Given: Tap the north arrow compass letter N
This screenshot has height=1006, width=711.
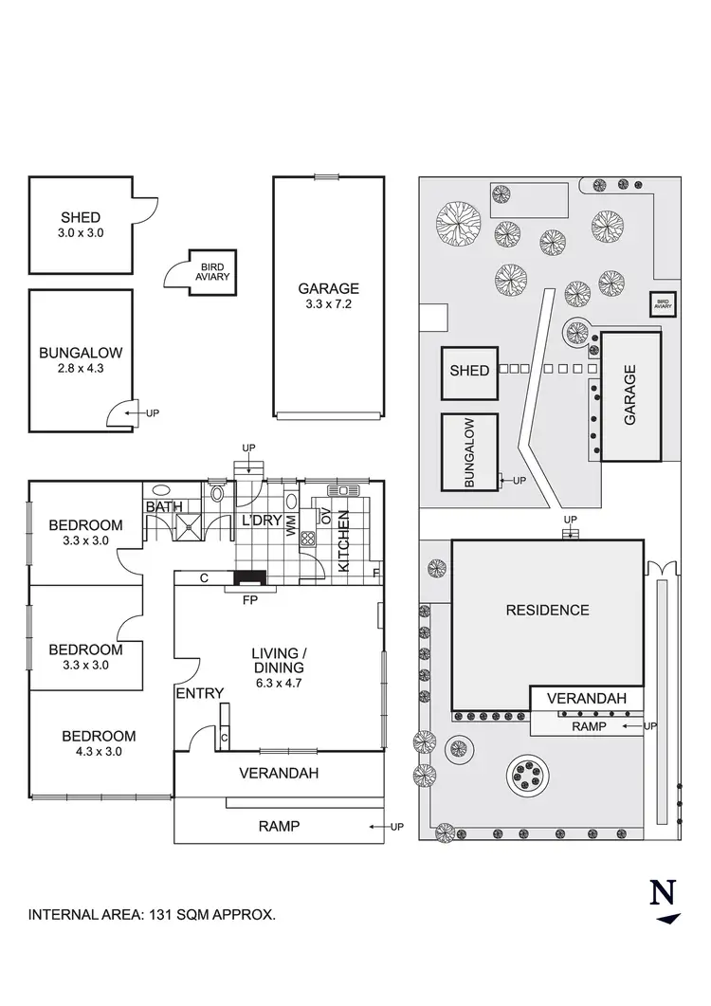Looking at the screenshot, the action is (664, 893).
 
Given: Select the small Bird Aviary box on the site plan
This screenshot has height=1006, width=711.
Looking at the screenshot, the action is (662, 304).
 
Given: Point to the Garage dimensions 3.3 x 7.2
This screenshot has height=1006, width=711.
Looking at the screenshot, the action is (328, 304).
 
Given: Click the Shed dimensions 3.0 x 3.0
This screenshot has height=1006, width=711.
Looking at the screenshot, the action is (80, 232).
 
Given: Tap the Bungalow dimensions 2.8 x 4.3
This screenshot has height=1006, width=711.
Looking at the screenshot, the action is (80, 368).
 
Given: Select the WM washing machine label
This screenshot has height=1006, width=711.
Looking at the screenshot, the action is (292, 528).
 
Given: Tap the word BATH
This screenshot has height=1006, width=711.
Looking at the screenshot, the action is (163, 507).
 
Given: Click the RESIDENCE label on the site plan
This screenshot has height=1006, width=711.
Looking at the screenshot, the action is (547, 610).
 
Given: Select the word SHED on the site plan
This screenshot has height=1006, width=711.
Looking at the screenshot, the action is (469, 370).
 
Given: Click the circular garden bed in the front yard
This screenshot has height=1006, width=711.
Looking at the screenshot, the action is (528, 774).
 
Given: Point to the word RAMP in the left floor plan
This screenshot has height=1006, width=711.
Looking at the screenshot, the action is (279, 826).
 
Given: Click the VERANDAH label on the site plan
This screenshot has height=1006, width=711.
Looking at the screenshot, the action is (588, 699).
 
